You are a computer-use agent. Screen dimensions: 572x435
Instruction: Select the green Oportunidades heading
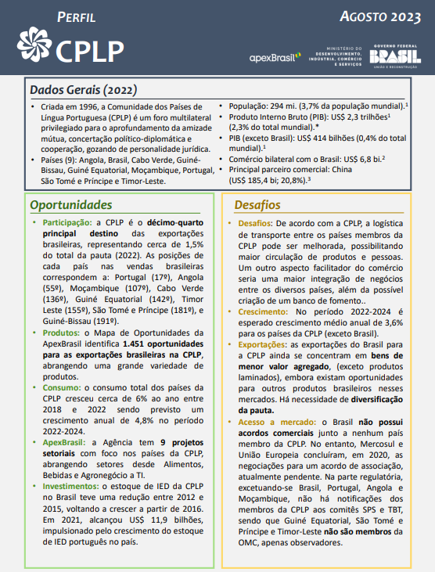[71, 205]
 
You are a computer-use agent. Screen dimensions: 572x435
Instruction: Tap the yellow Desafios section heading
[257, 205]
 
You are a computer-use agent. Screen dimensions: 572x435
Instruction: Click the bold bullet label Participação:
[66, 223]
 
